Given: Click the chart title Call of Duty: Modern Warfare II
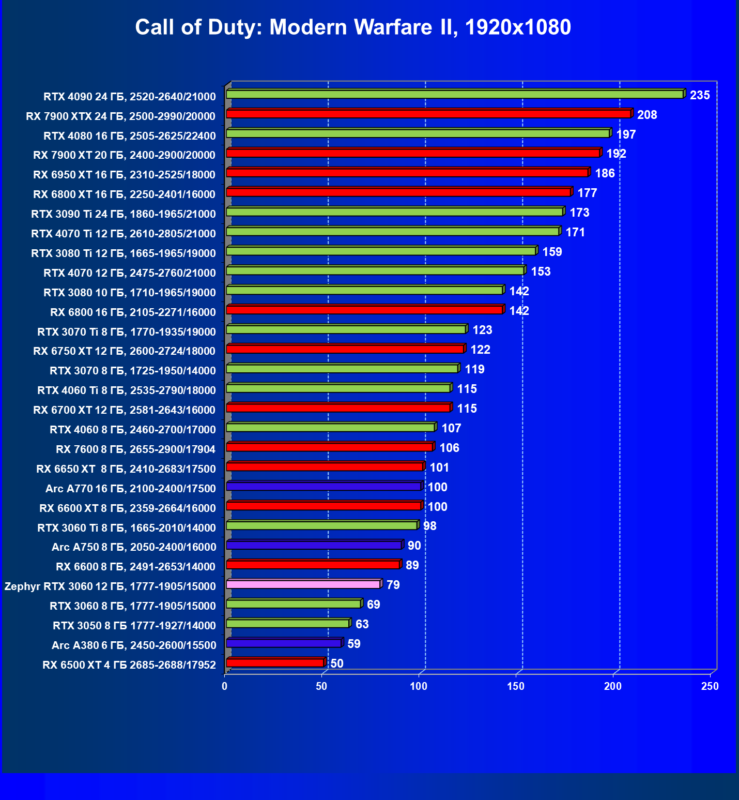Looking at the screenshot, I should click(353, 27).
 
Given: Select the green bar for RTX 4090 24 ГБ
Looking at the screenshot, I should click(455, 94).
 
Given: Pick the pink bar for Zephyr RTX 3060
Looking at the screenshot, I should click(303, 584).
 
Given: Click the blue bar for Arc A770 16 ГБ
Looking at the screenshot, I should click(324, 486).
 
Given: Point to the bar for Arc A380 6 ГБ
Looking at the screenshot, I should click(284, 643).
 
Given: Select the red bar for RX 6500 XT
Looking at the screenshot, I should click(275, 663).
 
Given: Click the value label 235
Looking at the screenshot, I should click(700, 95).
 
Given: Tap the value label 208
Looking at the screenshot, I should click(647, 115).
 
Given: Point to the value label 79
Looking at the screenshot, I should click(393, 585).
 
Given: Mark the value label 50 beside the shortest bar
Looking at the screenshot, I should click(336, 663).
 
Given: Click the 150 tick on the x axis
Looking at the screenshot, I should click(516, 686).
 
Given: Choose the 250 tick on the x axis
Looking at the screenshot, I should click(710, 686).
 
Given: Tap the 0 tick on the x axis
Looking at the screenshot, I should click(225, 686).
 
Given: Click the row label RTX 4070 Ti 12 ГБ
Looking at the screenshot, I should click(124, 234).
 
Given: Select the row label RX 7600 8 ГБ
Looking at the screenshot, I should click(135, 449).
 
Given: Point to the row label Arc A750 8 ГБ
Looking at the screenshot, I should click(133, 547).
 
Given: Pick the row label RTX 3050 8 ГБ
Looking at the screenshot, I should click(134, 626).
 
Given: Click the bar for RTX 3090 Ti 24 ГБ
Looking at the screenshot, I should click(394, 212).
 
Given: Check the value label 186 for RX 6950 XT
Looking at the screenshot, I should click(605, 173).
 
